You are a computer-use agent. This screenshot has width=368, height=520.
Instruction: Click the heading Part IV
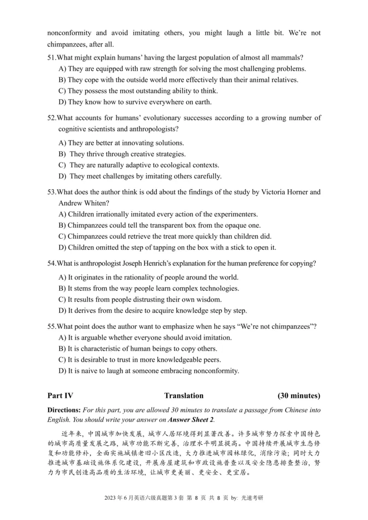pos(60,396)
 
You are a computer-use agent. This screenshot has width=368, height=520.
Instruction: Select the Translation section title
pos(184,396)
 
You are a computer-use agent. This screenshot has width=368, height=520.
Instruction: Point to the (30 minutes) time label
pos(299,396)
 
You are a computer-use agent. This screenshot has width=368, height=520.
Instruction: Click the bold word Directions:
pos(63,410)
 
